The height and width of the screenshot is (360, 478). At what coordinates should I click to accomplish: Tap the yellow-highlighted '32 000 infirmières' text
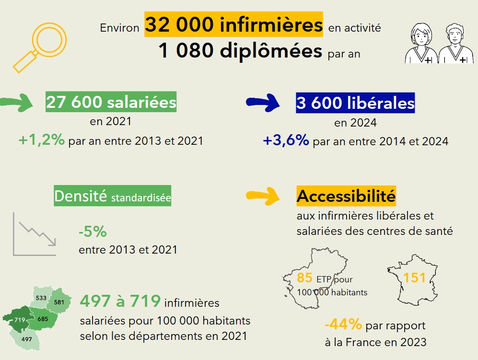[x=233, y=25]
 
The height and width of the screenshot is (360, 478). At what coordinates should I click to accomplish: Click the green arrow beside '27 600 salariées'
[x=17, y=102]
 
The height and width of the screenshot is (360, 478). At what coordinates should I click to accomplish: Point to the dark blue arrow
[x=263, y=102]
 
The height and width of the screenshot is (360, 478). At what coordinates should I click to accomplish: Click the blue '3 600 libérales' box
[x=355, y=103]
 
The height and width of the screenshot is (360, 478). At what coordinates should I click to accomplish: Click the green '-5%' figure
[x=93, y=232]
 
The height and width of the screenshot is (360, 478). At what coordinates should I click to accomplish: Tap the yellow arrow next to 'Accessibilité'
[x=263, y=196]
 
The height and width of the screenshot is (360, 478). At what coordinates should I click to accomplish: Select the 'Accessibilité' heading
[x=346, y=196]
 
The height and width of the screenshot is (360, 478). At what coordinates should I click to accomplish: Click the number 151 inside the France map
[x=415, y=278]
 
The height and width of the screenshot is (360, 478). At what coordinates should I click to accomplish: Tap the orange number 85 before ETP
[x=304, y=278]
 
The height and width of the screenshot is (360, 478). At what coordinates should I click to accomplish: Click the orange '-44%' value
[x=343, y=325]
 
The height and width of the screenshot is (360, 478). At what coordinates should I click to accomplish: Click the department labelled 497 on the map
[x=26, y=339]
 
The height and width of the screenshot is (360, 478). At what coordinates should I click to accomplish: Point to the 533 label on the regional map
[x=41, y=298]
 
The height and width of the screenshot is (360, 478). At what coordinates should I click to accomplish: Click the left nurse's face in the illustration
[x=420, y=35]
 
